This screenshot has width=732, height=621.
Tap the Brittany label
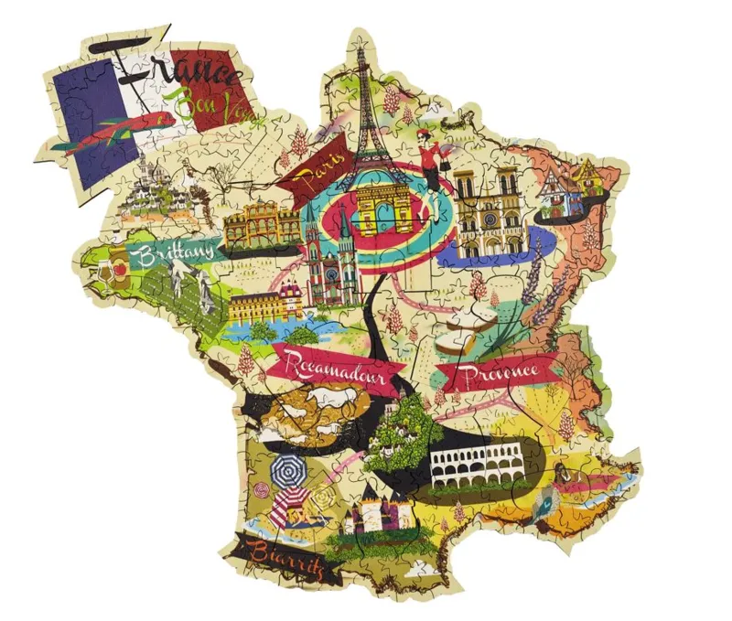[175, 250]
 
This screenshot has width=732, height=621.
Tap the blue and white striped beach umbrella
[289, 472]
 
